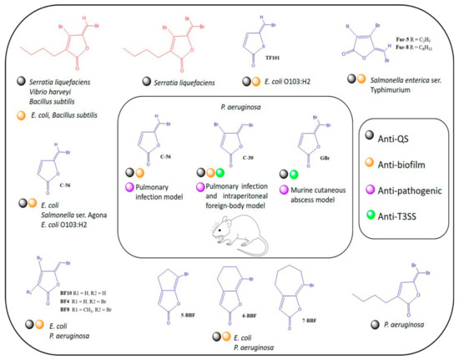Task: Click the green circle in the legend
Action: point(373,219)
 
